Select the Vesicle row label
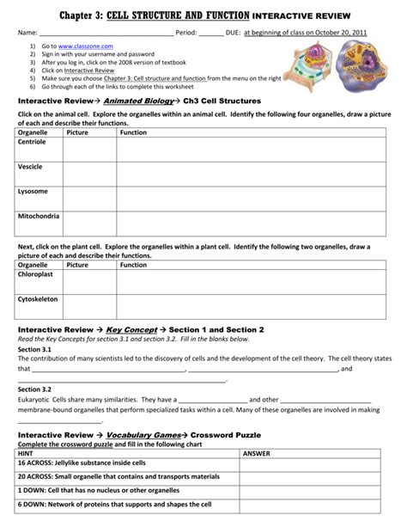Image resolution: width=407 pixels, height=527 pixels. coord(30,166)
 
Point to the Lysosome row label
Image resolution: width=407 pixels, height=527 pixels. coord(33,190)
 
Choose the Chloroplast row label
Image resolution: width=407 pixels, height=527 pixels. coord(36,275)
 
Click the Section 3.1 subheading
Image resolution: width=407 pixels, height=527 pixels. coord(36,350)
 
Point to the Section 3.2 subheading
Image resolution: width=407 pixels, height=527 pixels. coord(36,389)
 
